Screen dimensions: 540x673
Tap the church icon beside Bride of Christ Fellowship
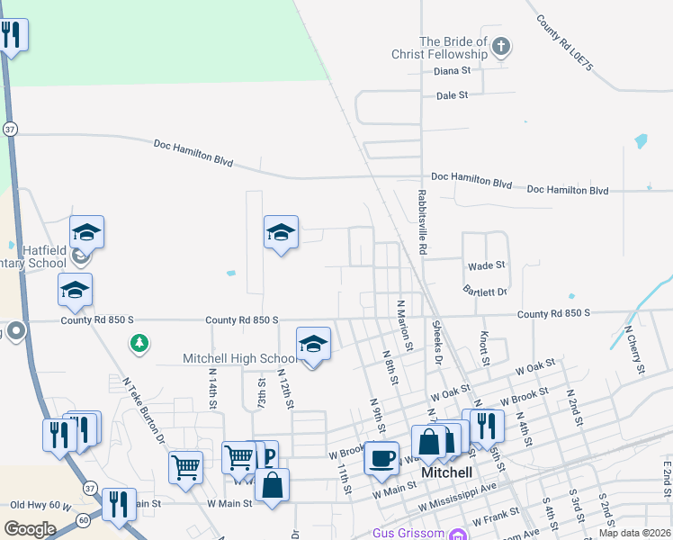pos(502,45)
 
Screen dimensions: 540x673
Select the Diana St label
pos(453,70)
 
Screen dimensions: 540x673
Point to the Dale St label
pos(453,94)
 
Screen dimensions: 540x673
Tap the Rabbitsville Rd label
pos(421,220)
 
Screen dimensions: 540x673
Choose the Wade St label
pos(487,265)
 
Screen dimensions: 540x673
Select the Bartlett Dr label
pos(486,292)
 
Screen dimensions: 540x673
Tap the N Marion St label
pos(403,326)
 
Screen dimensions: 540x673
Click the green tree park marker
pos(139,343)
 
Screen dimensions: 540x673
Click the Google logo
pos(30,529)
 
